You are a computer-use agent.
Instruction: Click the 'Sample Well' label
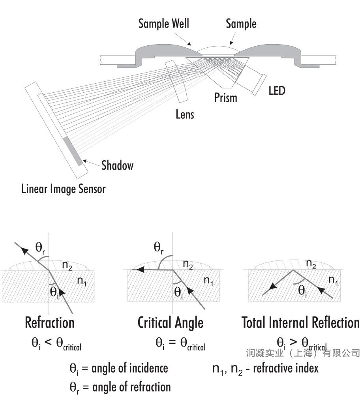163,23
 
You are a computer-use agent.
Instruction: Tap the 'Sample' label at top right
241,24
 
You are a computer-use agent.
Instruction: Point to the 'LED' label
277,91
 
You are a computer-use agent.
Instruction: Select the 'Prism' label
225,97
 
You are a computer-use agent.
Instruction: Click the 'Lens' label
185,114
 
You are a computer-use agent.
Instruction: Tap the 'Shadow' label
117,165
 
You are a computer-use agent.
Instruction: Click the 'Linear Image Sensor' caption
63,189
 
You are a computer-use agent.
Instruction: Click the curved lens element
176,81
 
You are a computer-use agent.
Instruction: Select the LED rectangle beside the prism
259,84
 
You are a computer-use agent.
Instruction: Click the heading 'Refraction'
50,322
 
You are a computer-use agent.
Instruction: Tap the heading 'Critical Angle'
170,323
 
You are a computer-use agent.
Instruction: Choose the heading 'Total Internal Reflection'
300,322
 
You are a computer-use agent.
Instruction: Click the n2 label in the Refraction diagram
67,265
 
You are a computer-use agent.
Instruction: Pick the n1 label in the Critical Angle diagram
208,281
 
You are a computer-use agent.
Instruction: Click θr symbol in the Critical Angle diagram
158,247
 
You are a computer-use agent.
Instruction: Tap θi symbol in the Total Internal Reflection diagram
302,291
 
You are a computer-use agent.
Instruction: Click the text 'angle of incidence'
129,368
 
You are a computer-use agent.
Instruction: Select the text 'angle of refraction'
131,387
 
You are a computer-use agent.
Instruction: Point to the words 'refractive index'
286,368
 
